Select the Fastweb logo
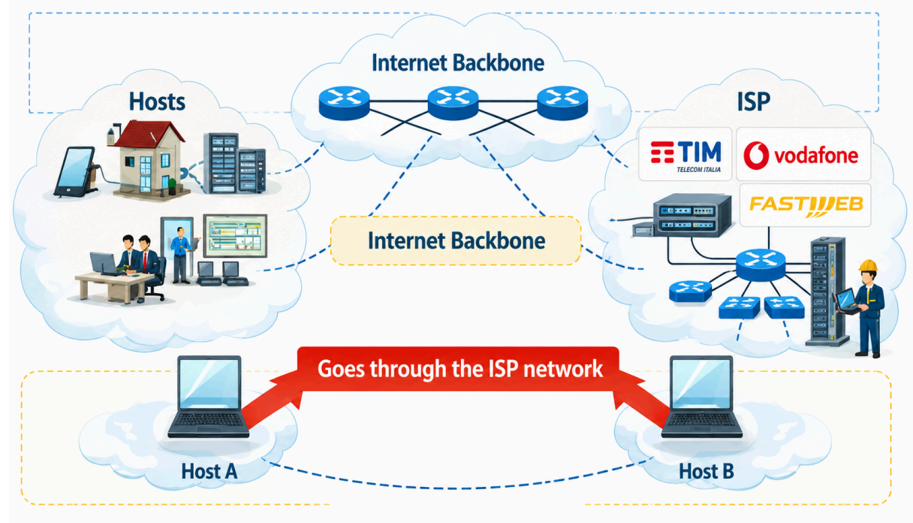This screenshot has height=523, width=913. [806, 205]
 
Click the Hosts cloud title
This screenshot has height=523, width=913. [157, 101]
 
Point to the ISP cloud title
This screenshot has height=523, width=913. [754, 101]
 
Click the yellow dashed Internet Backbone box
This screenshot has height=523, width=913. [456, 240]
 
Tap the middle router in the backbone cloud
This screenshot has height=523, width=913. [453, 103]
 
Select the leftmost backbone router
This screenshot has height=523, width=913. [344, 103]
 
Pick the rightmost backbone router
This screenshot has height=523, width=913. [562, 103]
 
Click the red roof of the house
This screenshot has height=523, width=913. [149, 134]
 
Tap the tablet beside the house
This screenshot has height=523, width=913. [74, 172]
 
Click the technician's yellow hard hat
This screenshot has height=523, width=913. [868, 266]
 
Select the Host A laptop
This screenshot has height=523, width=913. [209, 397]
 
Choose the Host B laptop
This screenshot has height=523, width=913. [701, 397]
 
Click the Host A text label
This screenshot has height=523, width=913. [209, 471]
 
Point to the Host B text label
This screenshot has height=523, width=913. [707, 471]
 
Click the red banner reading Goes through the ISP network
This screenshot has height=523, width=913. [459, 369]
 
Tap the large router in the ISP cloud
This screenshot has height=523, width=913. [761, 265]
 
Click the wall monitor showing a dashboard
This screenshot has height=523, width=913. [235, 236]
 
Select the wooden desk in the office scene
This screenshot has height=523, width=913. [114, 286]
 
